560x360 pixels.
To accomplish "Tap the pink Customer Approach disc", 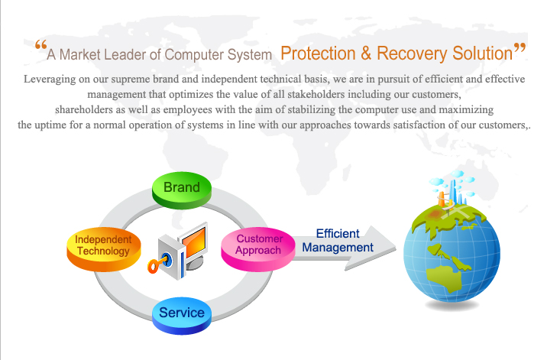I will [x=259, y=245].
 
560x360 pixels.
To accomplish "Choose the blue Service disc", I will [x=182, y=313].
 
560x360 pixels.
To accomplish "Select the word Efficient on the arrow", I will [x=338, y=234].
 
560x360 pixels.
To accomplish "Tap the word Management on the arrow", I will [x=338, y=248].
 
